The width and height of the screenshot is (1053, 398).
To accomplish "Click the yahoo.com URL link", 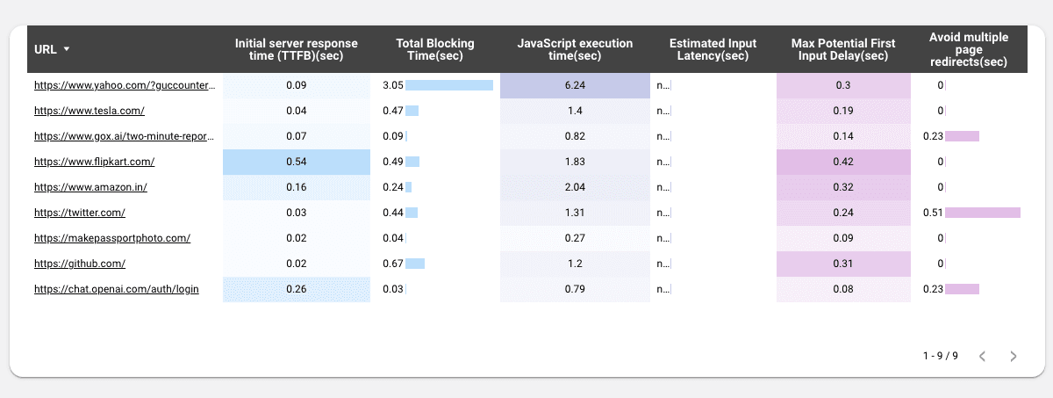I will [124, 85].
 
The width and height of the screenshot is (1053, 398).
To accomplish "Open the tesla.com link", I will [90, 111].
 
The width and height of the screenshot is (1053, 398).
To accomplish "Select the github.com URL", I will [80, 263].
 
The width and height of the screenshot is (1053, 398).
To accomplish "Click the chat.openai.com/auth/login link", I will [117, 289].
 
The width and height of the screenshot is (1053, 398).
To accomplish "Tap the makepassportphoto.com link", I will [112, 238].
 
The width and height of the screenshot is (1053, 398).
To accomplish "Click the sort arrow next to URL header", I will [67, 50].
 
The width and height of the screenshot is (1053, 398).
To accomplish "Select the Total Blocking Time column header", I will [435, 49].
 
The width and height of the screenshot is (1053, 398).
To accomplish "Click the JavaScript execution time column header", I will [575, 49].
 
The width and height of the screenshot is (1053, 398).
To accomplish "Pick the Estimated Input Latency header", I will [713, 49].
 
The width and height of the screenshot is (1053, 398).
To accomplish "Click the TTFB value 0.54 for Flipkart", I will [297, 162].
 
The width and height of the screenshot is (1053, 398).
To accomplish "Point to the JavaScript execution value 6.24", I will [575, 85].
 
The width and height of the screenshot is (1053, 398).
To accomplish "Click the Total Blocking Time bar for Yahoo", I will [449, 85].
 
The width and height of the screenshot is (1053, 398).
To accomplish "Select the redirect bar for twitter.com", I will [982, 213].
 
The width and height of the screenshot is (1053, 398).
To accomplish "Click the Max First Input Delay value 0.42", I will [843, 162].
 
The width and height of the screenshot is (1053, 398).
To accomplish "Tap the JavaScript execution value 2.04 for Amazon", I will [575, 187].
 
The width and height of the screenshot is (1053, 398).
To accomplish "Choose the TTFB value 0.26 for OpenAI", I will [297, 289].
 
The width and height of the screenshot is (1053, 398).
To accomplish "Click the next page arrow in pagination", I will [1014, 356].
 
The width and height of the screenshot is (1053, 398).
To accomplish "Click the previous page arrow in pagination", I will [983, 356].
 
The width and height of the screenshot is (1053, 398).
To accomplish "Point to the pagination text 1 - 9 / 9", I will [940, 356].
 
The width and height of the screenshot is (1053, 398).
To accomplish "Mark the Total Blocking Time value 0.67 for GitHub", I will [393, 264].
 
